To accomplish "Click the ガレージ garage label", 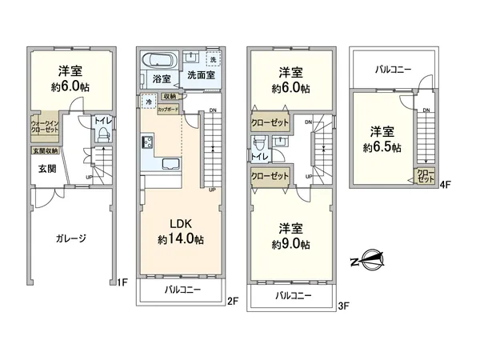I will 70,238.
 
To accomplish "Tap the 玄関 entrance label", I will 46,170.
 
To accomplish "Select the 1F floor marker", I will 123,282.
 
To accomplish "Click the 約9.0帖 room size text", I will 289,245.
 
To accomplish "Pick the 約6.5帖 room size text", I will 383,147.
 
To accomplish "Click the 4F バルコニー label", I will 394,70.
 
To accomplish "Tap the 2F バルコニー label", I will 182,289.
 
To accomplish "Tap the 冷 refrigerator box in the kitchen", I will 149,102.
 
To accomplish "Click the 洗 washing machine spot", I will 212,60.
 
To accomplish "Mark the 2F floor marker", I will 232,301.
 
